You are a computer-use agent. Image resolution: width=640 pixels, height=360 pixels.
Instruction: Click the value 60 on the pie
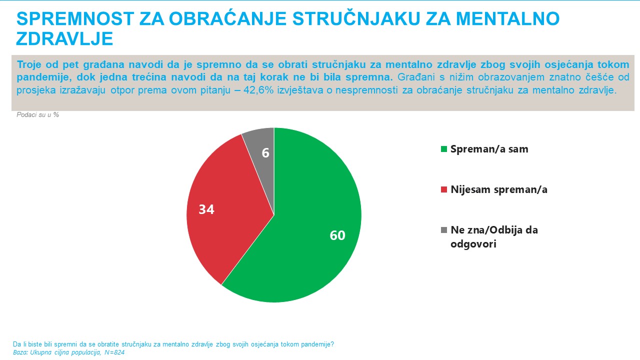pyautogui.click(x=337, y=235)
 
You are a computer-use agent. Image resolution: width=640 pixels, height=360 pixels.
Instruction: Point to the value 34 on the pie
pyautogui.click(x=206, y=209)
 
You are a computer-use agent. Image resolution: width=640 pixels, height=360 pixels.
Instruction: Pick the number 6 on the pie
pyautogui.click(x=265, y=153)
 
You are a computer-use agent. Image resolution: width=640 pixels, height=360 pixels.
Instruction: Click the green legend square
pyautogui.click(x=443, y=149)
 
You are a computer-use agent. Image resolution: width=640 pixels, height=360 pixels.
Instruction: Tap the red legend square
pyautogui.click(x=443, y=190)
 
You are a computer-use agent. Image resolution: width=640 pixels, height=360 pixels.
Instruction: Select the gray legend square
pyautogui.click(x=443, y=230)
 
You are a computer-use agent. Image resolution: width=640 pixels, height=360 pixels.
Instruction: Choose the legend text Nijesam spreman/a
pyautogui.click(x=499, y=190)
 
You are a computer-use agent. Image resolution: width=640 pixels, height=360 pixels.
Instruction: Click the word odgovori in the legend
pyautogui.click(x=473, y=245)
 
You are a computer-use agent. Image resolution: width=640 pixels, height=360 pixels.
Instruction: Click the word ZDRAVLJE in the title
pyautogui.click(x=65, y=39)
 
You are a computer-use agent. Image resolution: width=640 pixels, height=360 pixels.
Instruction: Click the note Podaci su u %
pyautogui.click(x=38, y=115)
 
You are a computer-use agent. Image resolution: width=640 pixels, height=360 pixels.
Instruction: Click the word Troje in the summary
pyautogui.click(x=29, y=65)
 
